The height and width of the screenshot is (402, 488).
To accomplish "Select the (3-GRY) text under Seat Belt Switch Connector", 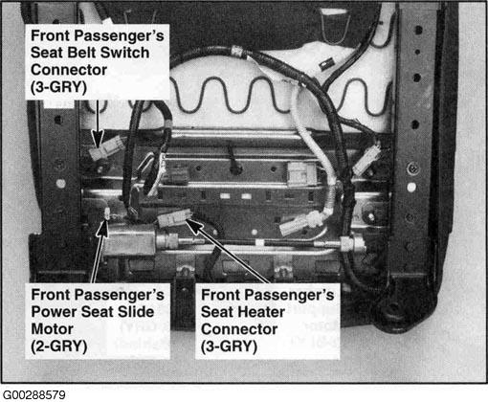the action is point(58,87).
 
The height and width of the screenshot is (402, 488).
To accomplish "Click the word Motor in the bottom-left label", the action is point(53,329).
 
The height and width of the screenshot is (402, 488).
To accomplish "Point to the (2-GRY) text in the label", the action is point(59,346).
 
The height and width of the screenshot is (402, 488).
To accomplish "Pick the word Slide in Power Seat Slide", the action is point(136,312).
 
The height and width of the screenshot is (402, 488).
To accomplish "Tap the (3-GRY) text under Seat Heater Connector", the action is point(229,346).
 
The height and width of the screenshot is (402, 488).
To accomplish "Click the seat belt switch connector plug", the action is point(106,148).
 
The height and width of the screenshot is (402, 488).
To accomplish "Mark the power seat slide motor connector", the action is point(107,213).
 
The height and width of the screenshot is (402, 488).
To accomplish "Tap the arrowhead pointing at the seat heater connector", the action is point(193,223).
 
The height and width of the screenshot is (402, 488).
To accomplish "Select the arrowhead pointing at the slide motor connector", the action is point(103,228).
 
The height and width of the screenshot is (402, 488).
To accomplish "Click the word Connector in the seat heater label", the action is point(239,329).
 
